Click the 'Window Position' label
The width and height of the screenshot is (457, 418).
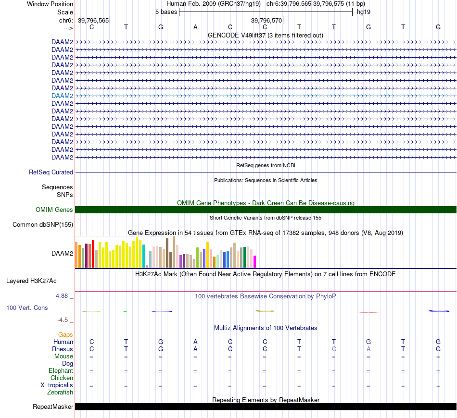click(50, 4)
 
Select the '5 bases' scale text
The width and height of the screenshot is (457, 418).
click(166, 12)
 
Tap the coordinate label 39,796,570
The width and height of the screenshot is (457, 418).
click(267, 20)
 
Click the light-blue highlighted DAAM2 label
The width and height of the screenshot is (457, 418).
click(62, 96)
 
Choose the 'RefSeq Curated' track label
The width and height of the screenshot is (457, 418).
click(51, 172)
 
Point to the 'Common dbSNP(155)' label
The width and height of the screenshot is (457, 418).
click(43, 224)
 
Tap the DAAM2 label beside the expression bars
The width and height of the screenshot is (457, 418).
click(62, 252)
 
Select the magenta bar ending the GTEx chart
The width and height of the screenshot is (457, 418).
click(254, 261)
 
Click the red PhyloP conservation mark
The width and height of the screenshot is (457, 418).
click(369, 312)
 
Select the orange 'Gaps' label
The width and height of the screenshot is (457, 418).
click(65, 334)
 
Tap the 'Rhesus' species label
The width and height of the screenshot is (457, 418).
click(63, 349)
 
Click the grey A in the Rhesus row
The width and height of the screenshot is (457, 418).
click(368, 349)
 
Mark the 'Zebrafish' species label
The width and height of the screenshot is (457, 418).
click(60, 393)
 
